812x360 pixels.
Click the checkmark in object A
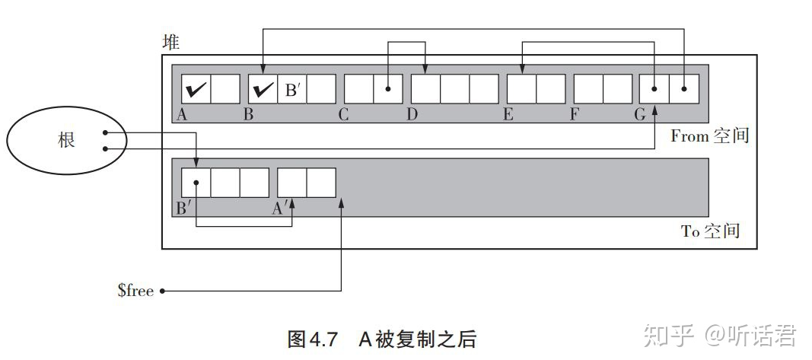[196, 90]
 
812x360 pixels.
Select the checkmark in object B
[263, 90]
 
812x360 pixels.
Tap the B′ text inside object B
[292, 90]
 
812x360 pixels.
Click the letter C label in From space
[343, 114]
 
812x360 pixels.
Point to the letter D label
[411, 114]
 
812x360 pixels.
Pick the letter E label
[508, 114]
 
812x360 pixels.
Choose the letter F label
[574, 114]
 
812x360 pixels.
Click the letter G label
[640, 114]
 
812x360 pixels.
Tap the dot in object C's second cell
[387, 89]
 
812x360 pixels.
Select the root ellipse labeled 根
[66, 140]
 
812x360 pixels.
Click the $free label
[135, 291]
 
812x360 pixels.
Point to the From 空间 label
[710, 135]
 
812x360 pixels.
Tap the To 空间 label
[710, 231]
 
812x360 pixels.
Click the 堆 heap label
[171, 42]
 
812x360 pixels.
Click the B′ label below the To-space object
[183, 209]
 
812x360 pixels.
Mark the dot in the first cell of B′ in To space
[196, 183]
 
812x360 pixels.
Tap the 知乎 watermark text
[669, 336]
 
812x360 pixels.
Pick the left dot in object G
[654, 89]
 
